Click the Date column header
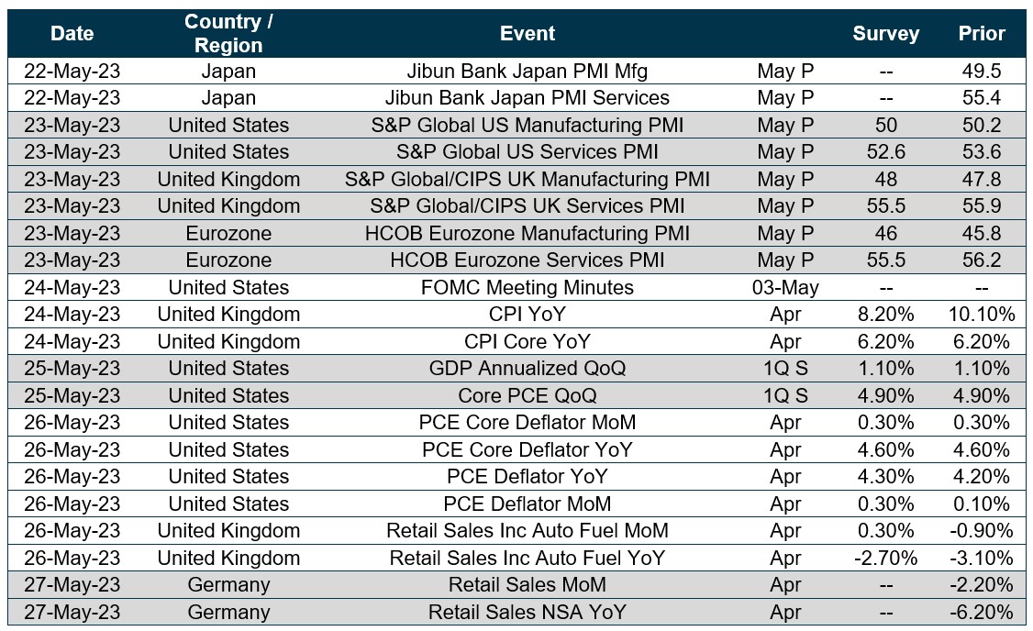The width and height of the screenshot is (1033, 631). [72, 34]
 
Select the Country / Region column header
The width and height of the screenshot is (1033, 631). [228, 34]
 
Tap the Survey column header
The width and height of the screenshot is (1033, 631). [885, 34]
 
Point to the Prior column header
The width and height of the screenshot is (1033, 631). [981, 34]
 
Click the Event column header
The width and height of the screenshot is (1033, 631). [528, 34]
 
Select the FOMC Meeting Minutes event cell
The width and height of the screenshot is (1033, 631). [528, 288]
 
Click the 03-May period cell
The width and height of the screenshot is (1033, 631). [785, 288]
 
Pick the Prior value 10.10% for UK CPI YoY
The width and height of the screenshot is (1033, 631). [981, 315]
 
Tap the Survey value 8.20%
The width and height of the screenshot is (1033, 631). [885, 315]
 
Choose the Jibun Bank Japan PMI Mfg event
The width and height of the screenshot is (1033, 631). [528, 71]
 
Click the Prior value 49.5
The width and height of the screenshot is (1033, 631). [981, 71]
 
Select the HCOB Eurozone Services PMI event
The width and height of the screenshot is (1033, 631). [528, 260]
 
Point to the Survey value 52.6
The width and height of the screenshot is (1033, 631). [885, 152]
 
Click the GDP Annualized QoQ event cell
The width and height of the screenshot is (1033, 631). [528, 369]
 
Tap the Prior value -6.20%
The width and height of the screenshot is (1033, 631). [981, 613]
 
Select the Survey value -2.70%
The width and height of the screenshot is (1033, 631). [885, 559]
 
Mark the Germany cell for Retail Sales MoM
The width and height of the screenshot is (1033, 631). [228, 585]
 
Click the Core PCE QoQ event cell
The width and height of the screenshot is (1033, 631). [528, 396]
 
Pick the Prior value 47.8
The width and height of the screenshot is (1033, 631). [981, 179]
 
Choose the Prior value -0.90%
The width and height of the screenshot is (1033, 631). [981, 531]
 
